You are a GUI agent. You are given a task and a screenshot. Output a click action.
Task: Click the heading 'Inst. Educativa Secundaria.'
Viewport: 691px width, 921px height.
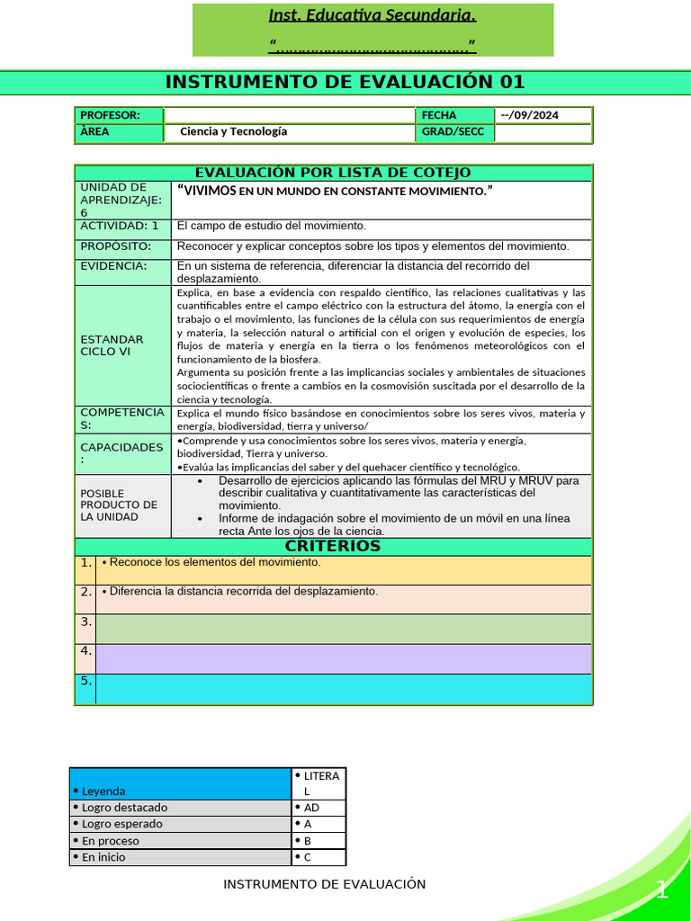click(372, 15)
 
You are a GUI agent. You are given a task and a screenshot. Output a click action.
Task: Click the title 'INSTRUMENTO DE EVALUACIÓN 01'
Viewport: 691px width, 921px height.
click(345, 83)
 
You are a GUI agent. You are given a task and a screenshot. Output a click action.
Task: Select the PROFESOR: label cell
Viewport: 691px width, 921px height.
click(118, 115)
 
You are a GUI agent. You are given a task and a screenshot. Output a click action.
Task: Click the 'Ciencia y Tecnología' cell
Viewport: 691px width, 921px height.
click(234, 131)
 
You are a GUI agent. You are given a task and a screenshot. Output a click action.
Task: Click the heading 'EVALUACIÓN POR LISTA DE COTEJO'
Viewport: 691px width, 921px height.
click(333, 173)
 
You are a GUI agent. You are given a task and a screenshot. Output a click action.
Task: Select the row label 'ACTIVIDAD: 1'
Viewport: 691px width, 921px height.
click(121, 226)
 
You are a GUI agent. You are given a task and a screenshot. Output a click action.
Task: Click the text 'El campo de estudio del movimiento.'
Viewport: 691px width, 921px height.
click(272, 226)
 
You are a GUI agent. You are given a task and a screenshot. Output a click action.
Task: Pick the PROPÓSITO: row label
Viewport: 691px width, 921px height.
click(116, 246)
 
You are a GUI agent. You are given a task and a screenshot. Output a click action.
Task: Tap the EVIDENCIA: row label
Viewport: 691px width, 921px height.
click(113, 265)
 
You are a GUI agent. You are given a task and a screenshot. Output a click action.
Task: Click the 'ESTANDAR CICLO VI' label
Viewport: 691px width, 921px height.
click(112, 345)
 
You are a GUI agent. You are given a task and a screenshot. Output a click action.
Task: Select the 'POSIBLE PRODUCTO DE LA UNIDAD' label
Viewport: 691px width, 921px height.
click(119, 505)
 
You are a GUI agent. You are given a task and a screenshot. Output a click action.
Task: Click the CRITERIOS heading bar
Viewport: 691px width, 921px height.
click(333, 546)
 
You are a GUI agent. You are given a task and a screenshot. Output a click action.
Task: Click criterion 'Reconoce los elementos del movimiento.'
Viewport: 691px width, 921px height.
click(211, 562)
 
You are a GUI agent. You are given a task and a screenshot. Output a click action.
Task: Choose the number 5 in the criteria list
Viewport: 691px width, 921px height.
click(85, 681)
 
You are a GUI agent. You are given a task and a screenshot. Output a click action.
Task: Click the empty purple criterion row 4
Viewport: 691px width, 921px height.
click(344, 658)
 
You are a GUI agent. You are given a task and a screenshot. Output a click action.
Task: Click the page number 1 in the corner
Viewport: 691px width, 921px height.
click(661, 891)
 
